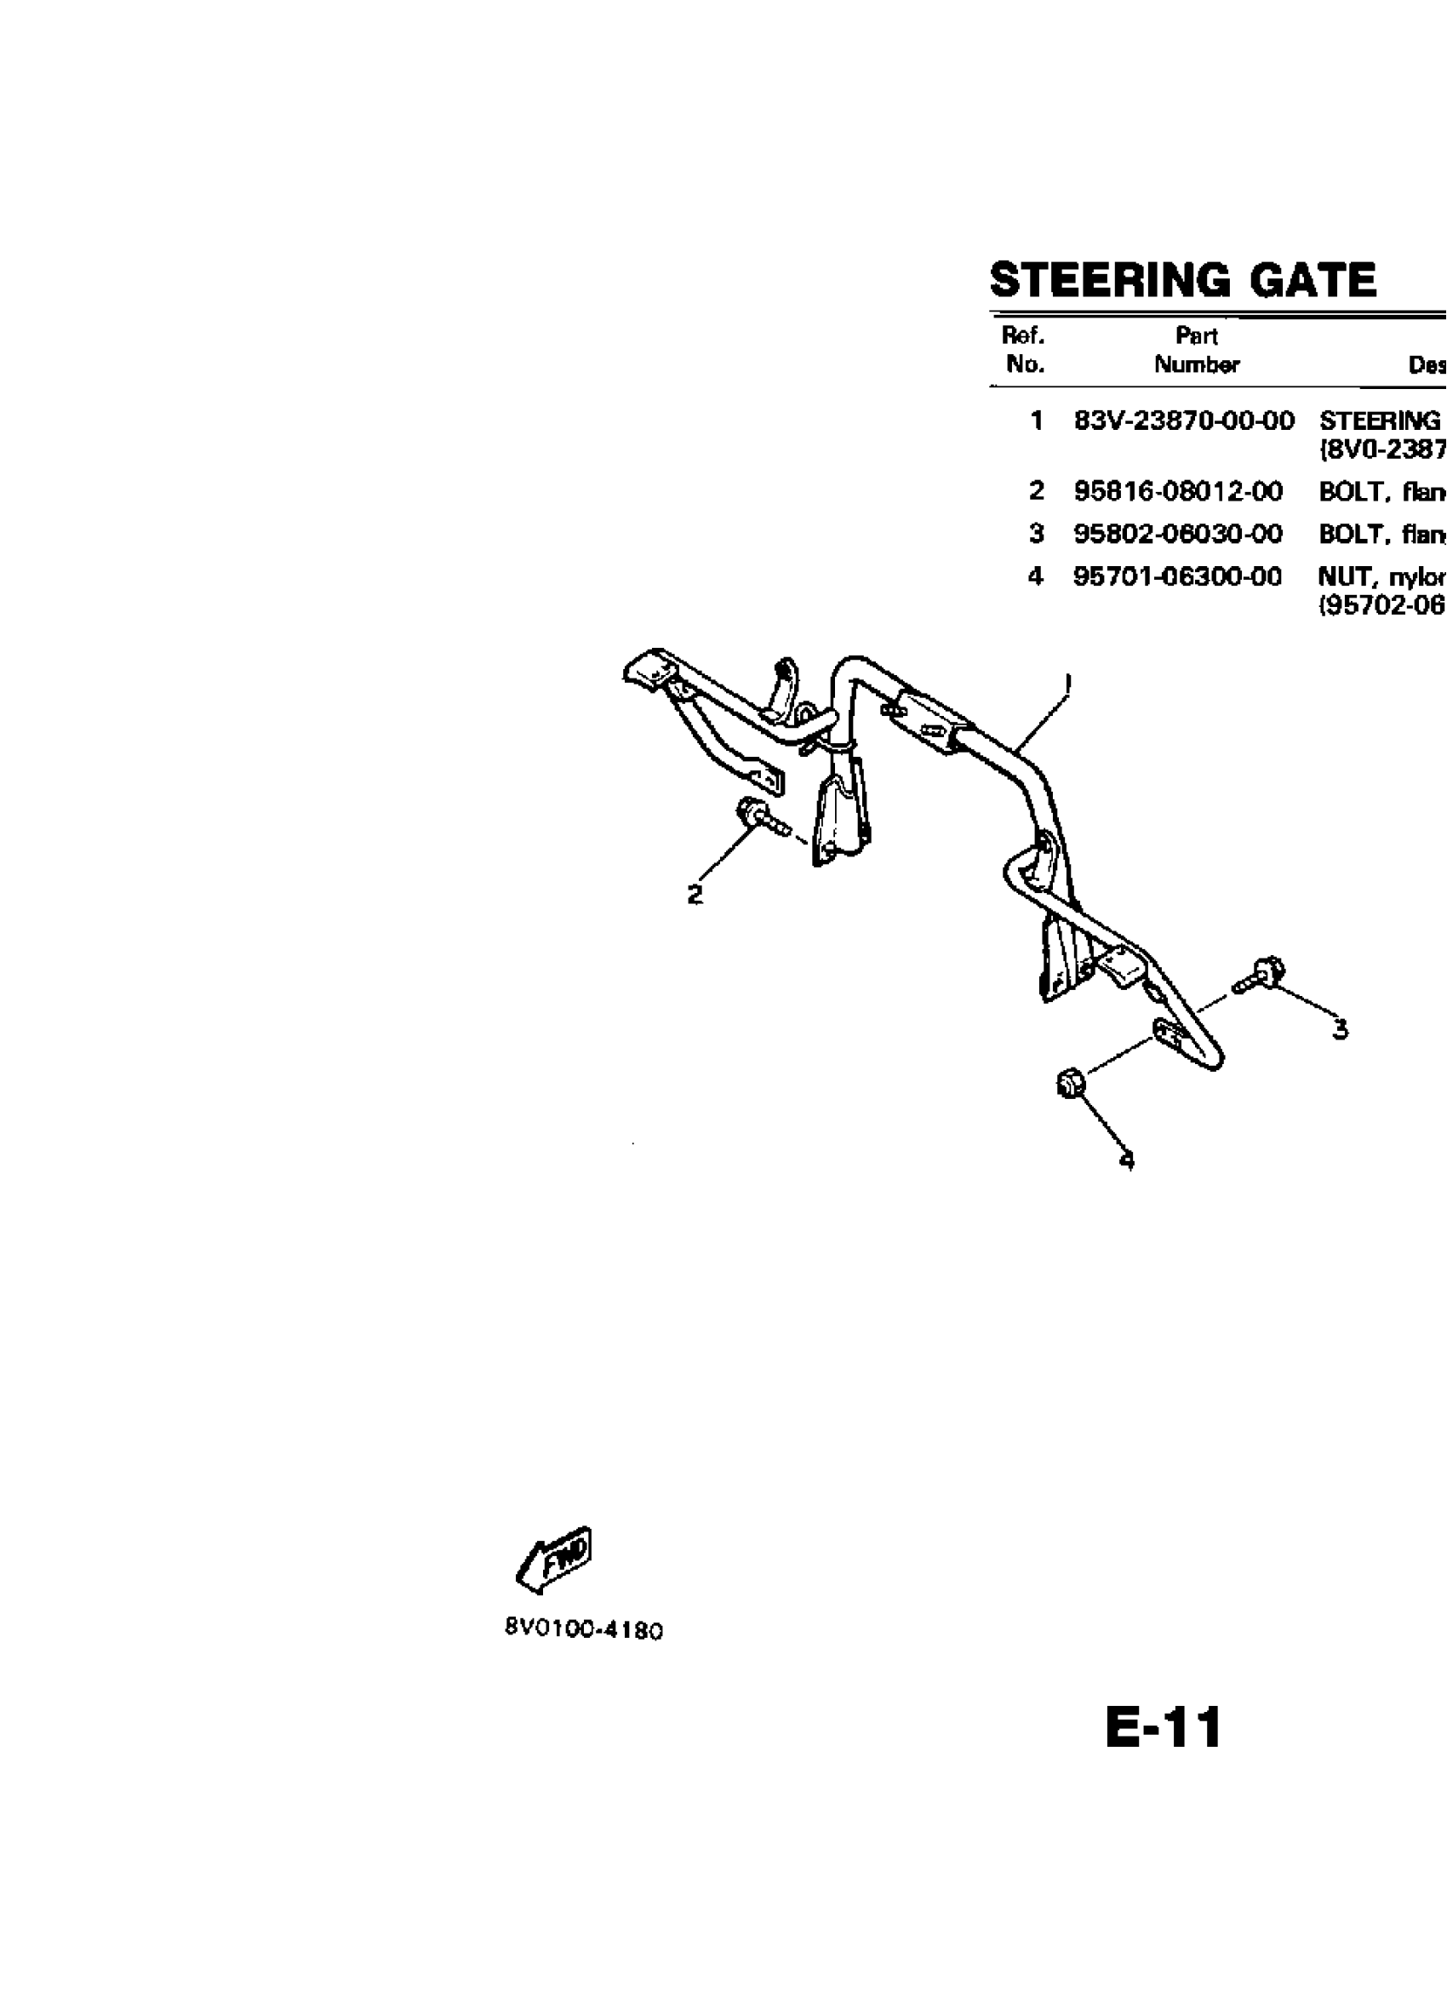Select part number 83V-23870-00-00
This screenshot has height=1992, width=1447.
[1184, 421]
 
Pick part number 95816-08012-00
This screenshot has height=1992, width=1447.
[1177, 491]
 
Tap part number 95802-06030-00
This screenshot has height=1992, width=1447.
[1177, 533]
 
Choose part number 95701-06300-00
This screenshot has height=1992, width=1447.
[1177, 576]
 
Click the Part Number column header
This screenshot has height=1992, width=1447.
[1196, 350]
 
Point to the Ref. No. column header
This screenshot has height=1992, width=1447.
[1023, 350]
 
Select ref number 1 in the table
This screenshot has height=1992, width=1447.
[1037, 421]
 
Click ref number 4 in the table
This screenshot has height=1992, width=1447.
[1036, 576]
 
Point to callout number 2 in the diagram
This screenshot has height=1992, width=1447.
[695, 894]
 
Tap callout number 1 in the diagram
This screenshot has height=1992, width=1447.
[1067, 683]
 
